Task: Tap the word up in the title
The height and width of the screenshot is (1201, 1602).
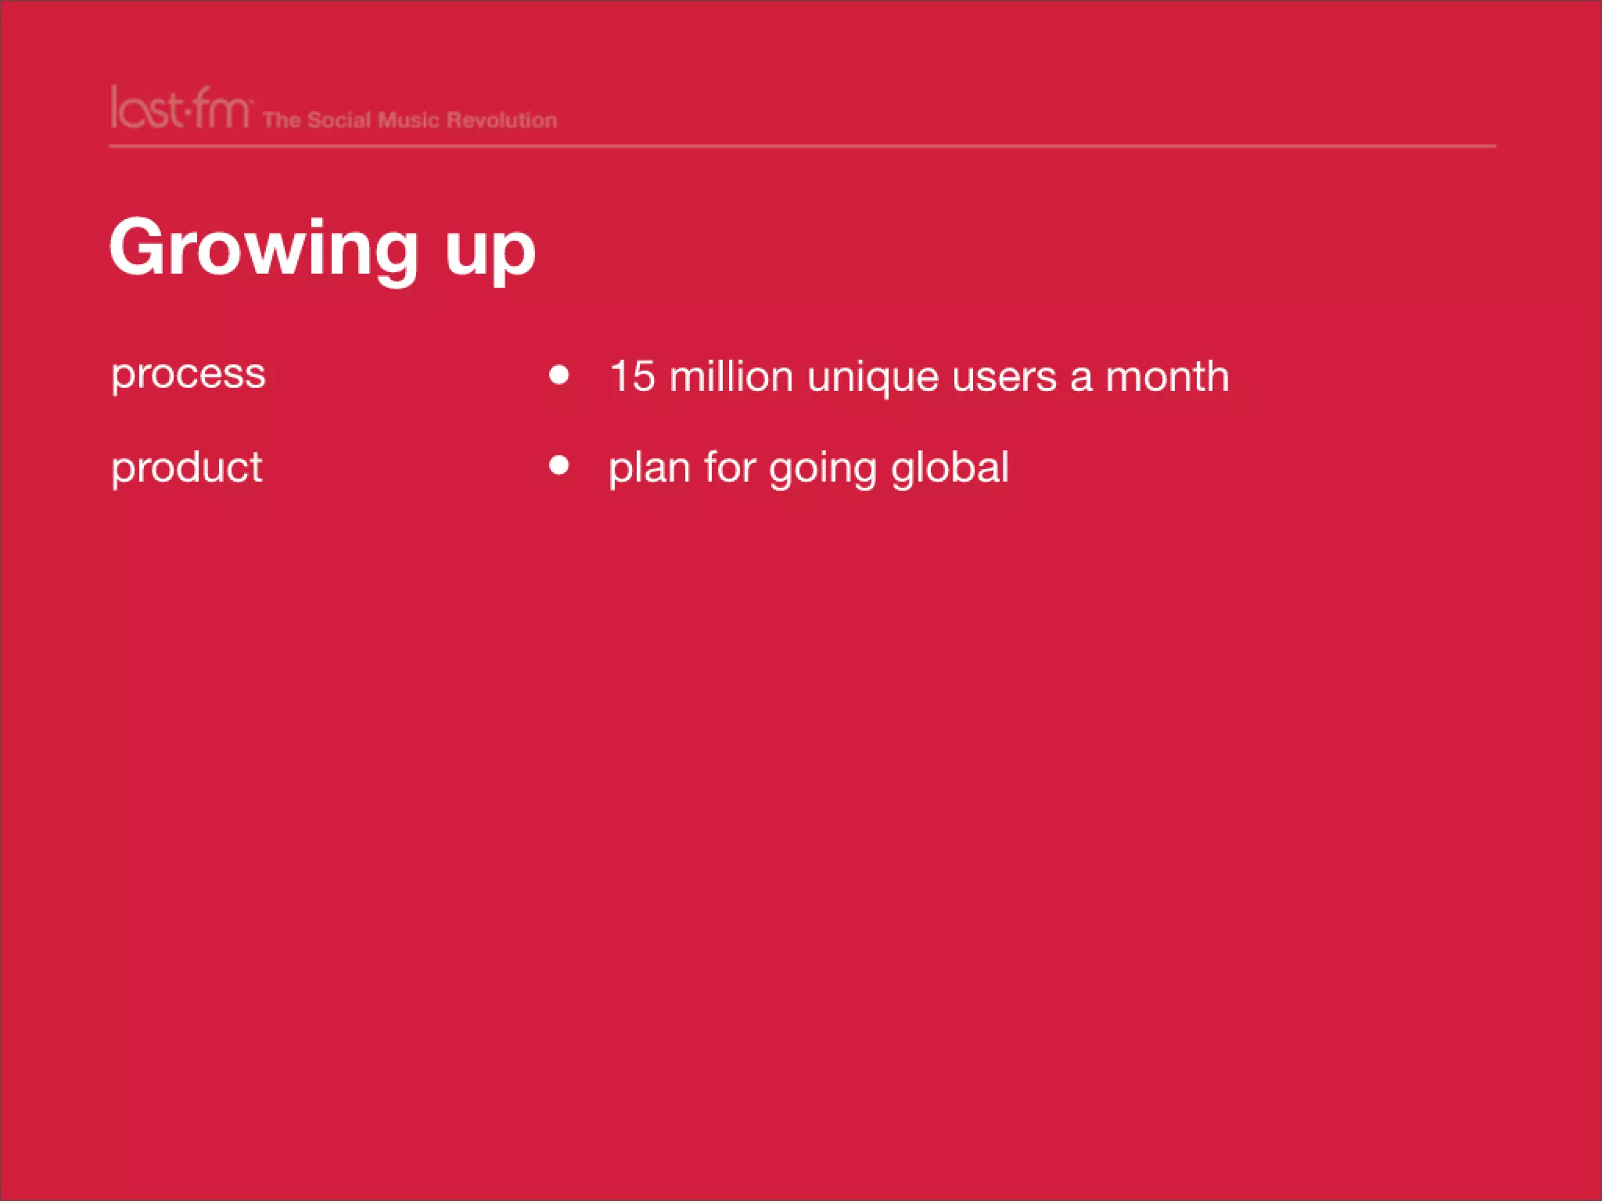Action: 490,252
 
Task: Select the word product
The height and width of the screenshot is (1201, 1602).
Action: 187,468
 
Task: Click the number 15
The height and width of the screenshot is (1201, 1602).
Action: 632,377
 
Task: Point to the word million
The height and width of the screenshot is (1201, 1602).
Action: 731,377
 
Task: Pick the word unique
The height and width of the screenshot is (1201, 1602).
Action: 873,378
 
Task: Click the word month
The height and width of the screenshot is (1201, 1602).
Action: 1167,377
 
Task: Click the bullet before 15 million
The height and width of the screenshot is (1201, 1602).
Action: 559,375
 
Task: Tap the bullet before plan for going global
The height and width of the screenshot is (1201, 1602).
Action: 559,466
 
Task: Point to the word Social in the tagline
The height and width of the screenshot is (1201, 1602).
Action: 339,120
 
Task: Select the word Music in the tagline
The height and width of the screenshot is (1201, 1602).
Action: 408,120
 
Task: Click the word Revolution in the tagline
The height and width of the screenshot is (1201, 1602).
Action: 501,120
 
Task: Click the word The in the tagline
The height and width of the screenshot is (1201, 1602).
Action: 282,120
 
